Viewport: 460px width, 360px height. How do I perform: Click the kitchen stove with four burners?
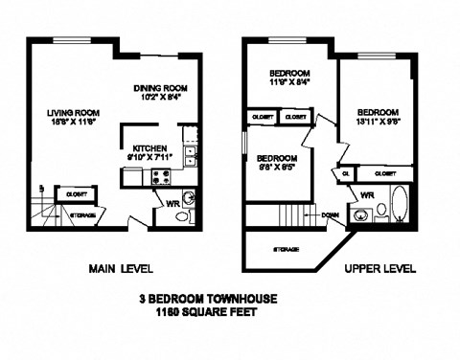tap(161, 175)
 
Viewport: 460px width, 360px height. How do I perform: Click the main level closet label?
tap(74, 194)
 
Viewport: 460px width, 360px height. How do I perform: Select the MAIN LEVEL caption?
tap(120, 268)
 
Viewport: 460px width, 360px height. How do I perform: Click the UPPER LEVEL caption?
tap(379, 269)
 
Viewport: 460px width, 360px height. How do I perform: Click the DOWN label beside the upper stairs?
tap(331, 215)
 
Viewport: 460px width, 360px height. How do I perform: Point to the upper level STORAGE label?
tap(287, 248)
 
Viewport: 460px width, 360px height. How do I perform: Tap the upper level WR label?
tap(367, 194)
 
